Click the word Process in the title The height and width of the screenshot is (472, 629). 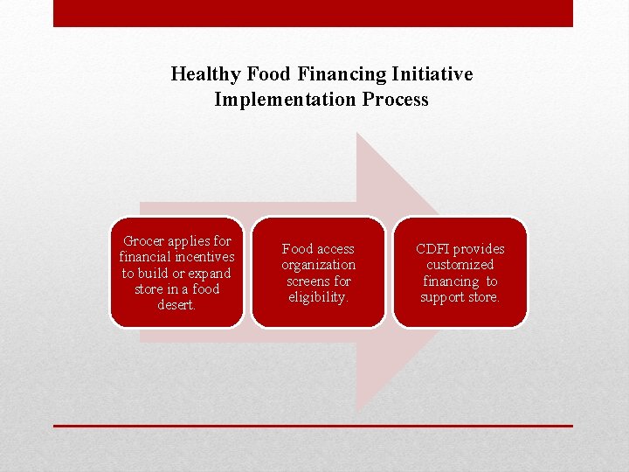393,100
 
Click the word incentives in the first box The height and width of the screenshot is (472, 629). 200,257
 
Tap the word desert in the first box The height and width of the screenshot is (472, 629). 176,305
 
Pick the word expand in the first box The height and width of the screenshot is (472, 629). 210,273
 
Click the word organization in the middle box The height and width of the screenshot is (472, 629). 318,265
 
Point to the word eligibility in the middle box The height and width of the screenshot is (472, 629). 318,297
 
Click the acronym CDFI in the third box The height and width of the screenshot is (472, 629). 432,249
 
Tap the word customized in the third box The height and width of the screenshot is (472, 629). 460,265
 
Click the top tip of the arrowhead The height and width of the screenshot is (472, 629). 356,134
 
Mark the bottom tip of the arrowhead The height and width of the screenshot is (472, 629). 356,411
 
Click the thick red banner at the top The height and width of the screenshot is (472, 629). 313,13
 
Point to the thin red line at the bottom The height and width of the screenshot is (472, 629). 313,426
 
